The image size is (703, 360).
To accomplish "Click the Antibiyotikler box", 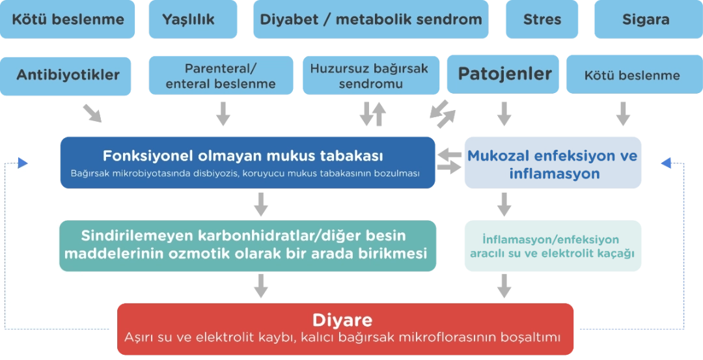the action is (66, 76).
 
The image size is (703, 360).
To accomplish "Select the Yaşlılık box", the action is (193, 20).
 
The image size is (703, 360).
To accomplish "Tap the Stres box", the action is (542, 20).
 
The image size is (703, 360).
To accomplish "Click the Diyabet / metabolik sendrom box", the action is (371, 20).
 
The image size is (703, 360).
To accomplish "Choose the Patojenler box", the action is (503, 74).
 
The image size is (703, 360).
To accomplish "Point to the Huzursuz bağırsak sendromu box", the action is (371, 76).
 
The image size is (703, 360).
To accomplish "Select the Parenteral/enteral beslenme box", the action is (221, 76).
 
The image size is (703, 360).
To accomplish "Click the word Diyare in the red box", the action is (342, 320).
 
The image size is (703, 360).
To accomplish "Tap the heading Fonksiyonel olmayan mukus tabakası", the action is (243, 156).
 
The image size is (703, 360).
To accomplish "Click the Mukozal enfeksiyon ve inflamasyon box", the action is (553, 163).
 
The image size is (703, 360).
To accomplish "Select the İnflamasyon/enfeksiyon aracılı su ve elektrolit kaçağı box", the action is (553, 245).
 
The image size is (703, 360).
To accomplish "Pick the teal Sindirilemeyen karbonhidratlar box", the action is (247, 245).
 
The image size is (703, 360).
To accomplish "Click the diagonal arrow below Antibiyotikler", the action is (92, 113).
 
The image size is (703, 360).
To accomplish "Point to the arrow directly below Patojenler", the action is (504, 114).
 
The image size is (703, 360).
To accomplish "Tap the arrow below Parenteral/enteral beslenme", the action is (223, 114).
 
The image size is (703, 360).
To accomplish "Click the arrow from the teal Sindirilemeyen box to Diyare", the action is (261, 286).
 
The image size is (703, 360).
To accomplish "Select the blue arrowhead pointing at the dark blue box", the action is (22, 163).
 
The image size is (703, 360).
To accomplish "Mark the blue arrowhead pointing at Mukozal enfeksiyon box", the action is (667, 163).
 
